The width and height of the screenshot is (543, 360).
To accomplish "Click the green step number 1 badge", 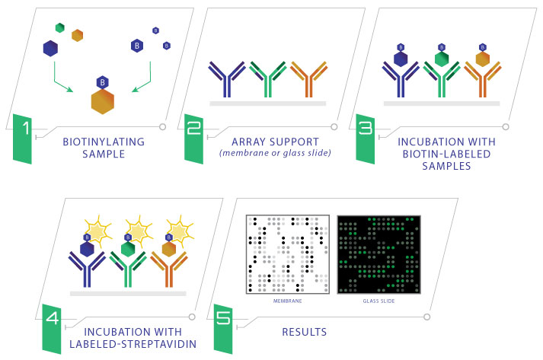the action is [22, 139].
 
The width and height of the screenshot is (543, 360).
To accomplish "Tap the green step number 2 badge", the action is [193, 139].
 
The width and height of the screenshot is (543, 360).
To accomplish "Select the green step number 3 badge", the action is [366, 139].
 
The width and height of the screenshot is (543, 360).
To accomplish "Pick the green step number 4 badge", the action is [52, 329].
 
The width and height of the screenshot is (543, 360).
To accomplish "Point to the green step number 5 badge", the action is [223, 329].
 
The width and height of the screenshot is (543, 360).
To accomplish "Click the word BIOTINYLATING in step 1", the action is [104, 142].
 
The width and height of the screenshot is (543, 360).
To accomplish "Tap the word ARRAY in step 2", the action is [248, 142].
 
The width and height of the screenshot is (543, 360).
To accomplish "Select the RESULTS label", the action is [305, 332].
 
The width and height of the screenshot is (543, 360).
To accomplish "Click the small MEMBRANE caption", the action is [287, 301].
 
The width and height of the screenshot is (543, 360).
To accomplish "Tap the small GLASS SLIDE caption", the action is [379, 301].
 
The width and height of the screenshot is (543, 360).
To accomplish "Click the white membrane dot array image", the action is [288, 254].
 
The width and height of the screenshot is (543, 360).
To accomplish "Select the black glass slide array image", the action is [379, 254].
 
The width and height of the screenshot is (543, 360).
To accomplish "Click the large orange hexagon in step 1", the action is [103, 101].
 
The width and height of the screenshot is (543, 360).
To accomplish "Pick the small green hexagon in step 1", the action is [60, 27].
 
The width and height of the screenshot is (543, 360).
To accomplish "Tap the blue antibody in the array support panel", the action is [227, 79].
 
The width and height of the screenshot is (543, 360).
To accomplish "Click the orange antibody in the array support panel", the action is [309, 79].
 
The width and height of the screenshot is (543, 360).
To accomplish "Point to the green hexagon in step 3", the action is [442, 59].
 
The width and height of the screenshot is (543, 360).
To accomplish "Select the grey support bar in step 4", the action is [128, 294].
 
